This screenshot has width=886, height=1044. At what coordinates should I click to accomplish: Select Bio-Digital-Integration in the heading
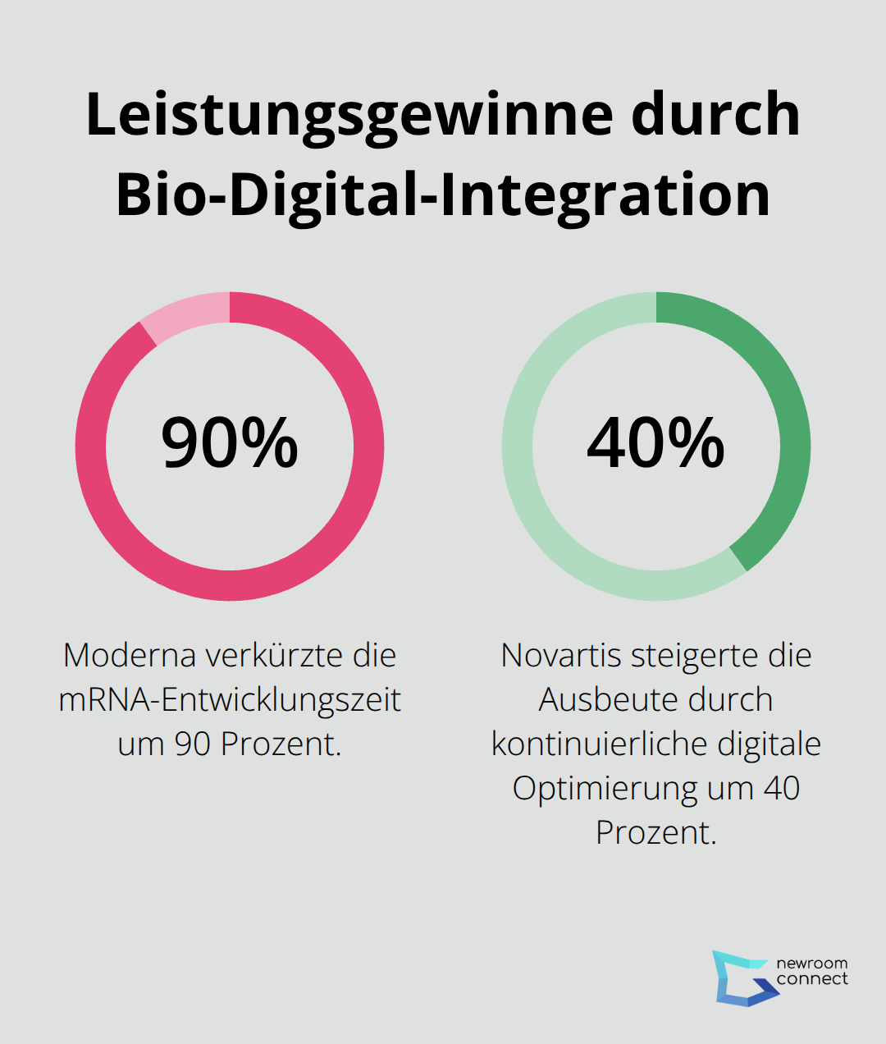pyautogui.click(x=443, y=195)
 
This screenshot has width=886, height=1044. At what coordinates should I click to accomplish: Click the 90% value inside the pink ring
pyautogui.click(x=230, y=443)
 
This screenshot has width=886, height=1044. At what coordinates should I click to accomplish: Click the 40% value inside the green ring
pyautogui.click(x=655, y=443)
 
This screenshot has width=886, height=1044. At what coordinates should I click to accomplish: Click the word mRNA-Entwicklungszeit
pyautogui.click(x=230, y=700)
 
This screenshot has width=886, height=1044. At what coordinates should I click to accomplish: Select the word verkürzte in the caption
pyautogui.click(x=274, y=656)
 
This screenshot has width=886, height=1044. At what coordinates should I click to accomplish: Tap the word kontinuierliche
pyautogui.click(x=600, y=744)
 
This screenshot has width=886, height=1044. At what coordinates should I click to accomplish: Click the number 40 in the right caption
pyautogui.click(x=781, y=789)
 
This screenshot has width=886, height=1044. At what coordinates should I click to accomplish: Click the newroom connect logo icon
pyautogui.click(x=742, y=978)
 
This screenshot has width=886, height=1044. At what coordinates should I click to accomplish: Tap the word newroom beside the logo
pyautogui.click(x=811, y=964)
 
